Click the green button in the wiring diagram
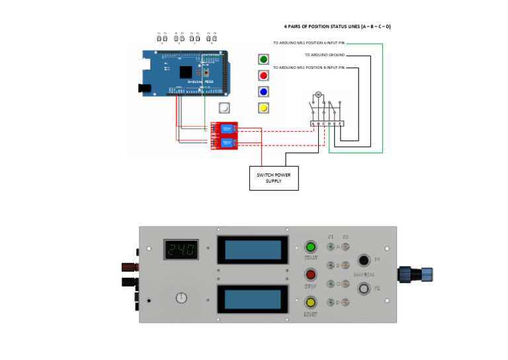pos(263,60)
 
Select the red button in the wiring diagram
pos(263,75)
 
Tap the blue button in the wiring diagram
pos(263,91)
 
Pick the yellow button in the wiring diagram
pos(263,108)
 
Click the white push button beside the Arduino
pos(225,108)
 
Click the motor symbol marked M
pos(317,95)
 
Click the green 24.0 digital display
pos(181,250)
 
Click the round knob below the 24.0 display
pos(182,298)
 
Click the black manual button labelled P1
pos(364,260)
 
